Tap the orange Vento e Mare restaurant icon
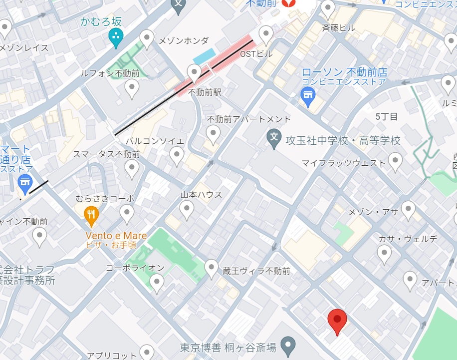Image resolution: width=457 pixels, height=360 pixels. click(91, 216)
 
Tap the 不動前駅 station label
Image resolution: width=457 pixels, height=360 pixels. click(205, 92)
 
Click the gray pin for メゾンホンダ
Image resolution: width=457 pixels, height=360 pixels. click(147, 38)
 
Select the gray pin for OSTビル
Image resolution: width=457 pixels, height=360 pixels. click(266, 35)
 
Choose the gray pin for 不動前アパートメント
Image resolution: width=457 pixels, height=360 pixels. click(213, 134)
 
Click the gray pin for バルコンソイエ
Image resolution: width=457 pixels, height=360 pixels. click(177, 156)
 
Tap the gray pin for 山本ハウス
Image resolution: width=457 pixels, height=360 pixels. click(187, 209)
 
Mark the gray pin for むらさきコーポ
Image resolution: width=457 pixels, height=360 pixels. click(127, 214)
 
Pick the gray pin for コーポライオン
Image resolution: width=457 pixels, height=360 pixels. click(157, 283)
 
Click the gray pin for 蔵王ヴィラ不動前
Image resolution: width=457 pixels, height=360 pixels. click(212, 268)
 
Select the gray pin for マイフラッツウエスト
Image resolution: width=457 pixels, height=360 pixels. click(395, 162)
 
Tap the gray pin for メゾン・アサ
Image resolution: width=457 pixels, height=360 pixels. click(408, 210)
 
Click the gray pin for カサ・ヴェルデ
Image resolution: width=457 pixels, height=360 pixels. click(384, 254)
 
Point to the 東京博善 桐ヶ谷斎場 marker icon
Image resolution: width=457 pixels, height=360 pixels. click(286, 344)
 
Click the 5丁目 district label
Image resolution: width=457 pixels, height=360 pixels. click(387, 117)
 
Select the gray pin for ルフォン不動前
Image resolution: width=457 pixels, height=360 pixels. click(131, 89)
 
